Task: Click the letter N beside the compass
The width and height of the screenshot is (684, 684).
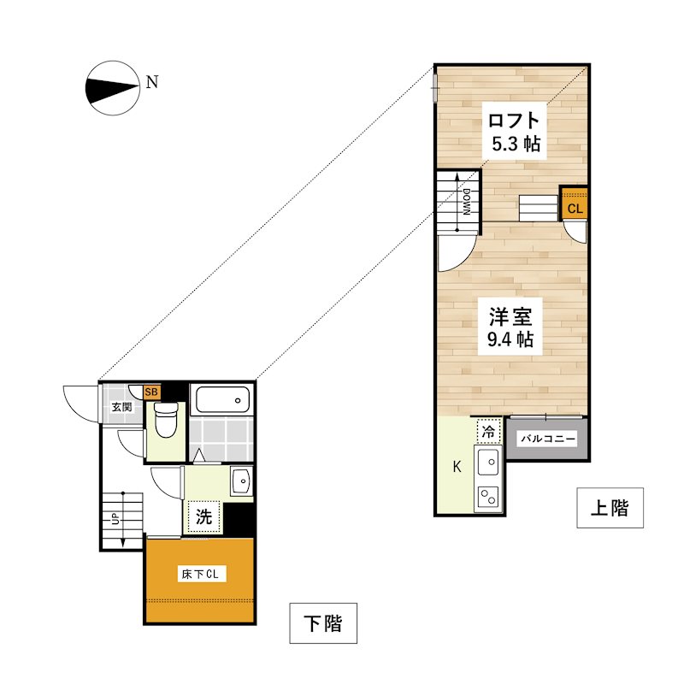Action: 152,82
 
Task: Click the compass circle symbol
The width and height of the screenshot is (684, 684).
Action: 113,88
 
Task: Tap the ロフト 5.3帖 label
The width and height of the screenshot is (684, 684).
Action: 515,132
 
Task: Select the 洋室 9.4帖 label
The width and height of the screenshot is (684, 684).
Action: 510,327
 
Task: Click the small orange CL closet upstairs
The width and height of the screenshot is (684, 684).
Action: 575,203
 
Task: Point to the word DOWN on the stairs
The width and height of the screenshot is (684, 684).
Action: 466,202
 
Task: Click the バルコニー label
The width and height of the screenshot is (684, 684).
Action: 548,439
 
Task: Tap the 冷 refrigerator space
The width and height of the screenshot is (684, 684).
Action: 488,432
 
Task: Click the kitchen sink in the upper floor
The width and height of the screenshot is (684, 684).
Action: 488,462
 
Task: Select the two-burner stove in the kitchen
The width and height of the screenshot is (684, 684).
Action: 488,497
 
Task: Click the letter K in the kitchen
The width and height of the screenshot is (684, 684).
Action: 457,467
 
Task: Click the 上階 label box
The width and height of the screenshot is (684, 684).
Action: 610,508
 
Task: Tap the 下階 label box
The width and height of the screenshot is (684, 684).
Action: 323,623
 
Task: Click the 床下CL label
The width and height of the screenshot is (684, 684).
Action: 200,574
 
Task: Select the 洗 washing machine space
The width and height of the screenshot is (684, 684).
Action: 203,517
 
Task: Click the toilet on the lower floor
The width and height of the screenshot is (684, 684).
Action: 167,420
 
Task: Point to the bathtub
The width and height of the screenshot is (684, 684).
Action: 222,399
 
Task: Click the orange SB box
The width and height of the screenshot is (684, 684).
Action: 151,392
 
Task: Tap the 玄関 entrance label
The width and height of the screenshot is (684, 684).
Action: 121,408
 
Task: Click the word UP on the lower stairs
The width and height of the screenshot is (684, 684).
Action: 115,519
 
